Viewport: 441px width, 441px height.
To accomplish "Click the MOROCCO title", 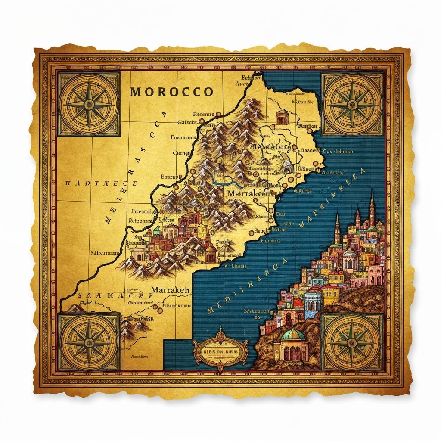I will (171, 92).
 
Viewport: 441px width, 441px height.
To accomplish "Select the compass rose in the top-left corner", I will (90, 104).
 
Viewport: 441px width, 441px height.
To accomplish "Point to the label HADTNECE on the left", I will (101, 183).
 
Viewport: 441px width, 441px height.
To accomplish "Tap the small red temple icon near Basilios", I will (281, 117).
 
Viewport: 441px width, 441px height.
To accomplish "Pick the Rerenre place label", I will (198, 114).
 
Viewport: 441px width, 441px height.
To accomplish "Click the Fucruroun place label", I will (183, 138).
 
